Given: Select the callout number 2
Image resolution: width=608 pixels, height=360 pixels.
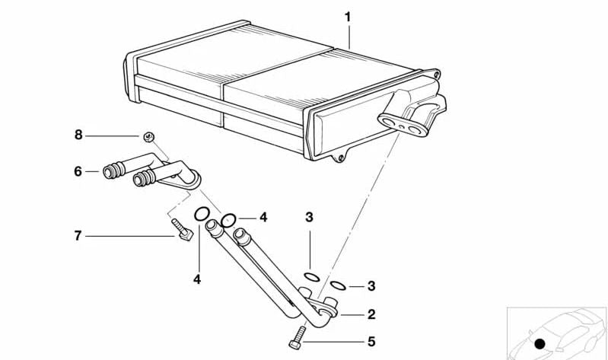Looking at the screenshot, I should pyautogui.click(x=371, y=314).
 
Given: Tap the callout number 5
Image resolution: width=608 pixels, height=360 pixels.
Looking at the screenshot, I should pyautogui.click(x=371, y=342).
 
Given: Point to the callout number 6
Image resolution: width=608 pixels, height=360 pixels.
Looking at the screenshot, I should pyautogui.click(x=78, y=172).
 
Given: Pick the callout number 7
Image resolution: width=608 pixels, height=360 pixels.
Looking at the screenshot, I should pyautogui.click(x=78, y=236).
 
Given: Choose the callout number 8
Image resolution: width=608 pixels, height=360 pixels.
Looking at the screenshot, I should pyautogui.click(x=78, y=135).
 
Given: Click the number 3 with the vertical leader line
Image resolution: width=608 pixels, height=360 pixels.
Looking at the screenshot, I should pyautogui.click(x=309, y=218).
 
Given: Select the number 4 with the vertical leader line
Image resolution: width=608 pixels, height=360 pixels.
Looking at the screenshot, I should pyautogui.click(x=197, y=279).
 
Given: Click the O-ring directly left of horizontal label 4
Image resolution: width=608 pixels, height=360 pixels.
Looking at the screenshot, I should pyautogui.click(x=229, y=221).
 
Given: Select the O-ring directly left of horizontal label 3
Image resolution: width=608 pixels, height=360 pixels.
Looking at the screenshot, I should pyautogui.click(x=339, y=285).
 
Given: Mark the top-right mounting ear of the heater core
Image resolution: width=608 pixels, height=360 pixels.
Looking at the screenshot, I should pyautogui.click(x=435, y=75).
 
